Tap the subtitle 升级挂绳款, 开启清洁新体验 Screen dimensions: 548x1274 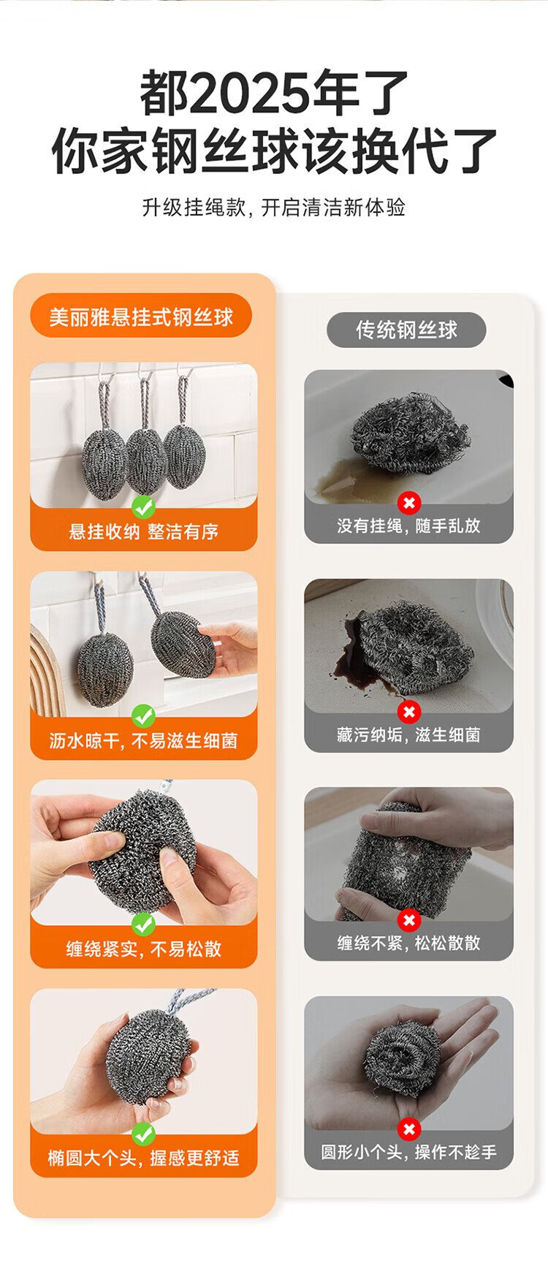tap(274, 208)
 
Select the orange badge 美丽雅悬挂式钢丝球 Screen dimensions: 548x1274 tap(141, 316)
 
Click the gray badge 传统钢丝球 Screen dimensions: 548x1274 tap(406, 330)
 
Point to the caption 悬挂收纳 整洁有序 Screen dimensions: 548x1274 tap(144, 531)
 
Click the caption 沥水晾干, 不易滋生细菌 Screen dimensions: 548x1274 tap(144, 740)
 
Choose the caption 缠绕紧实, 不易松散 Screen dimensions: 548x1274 tap(144, 949)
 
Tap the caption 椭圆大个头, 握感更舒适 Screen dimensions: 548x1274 tap(144, 1158)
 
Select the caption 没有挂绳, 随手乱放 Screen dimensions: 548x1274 tap(408, 526)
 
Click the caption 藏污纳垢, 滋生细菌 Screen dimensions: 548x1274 tap(408, 735)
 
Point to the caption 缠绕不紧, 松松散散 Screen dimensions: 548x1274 tap(408, 943)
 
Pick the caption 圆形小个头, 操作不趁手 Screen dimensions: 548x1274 tap(408, 1152)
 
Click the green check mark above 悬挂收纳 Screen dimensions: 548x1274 tap(143, 506)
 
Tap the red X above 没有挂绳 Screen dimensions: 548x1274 tap(409, 502)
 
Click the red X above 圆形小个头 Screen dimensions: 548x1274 tap(409, 1129)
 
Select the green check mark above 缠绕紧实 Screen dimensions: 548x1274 tap(143, 924)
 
